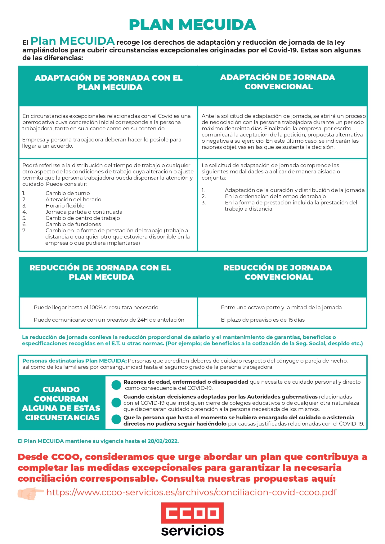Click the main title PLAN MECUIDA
point(192,25)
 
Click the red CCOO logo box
point(192,513)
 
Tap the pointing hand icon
point(30,493)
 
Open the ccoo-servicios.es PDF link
point(191,493)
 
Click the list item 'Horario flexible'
point(65,206)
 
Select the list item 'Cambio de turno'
point(68,193)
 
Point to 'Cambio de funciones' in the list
point(73,224)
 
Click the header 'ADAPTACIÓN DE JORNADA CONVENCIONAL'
point(278,82)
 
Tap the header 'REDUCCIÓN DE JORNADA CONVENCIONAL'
point(278,272)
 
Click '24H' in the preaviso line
point(142,320)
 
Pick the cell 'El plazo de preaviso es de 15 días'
point(263,320)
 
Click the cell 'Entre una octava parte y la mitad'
point(281,307)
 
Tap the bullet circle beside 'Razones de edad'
point(116,385)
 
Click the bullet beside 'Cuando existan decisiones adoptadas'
point(116,403)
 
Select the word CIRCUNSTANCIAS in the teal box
point(62,417)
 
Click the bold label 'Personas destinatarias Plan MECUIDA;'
point(74,361)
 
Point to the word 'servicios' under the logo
point(192,531)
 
